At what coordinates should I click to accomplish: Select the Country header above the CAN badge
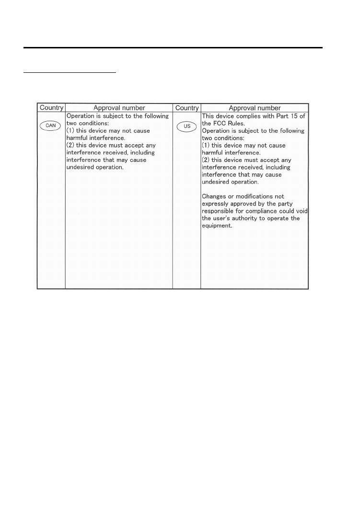coord(51,108)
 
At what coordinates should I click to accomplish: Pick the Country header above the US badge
coord(187,108)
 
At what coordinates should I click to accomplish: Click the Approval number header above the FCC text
coord(255,108)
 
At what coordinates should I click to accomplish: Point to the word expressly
coord(216,204)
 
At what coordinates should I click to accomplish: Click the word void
coord(301,211)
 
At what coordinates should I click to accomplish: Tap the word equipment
coord(217,226)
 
